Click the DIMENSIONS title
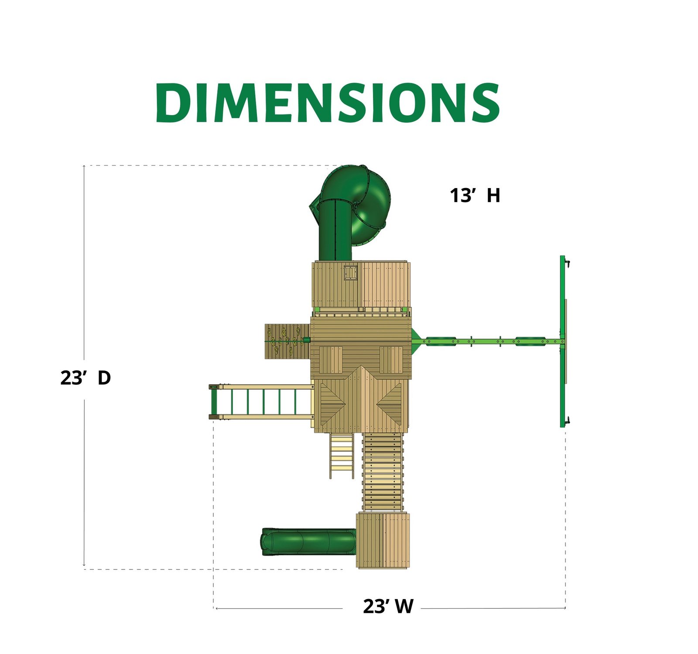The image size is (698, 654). pos(328,103)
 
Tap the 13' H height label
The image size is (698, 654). pos(475,195)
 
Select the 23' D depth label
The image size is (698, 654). pos(86,378)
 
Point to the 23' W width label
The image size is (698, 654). pos(388,606)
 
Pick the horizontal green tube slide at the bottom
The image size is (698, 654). pos(309,541)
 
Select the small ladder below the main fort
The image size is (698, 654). pos(342,456)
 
